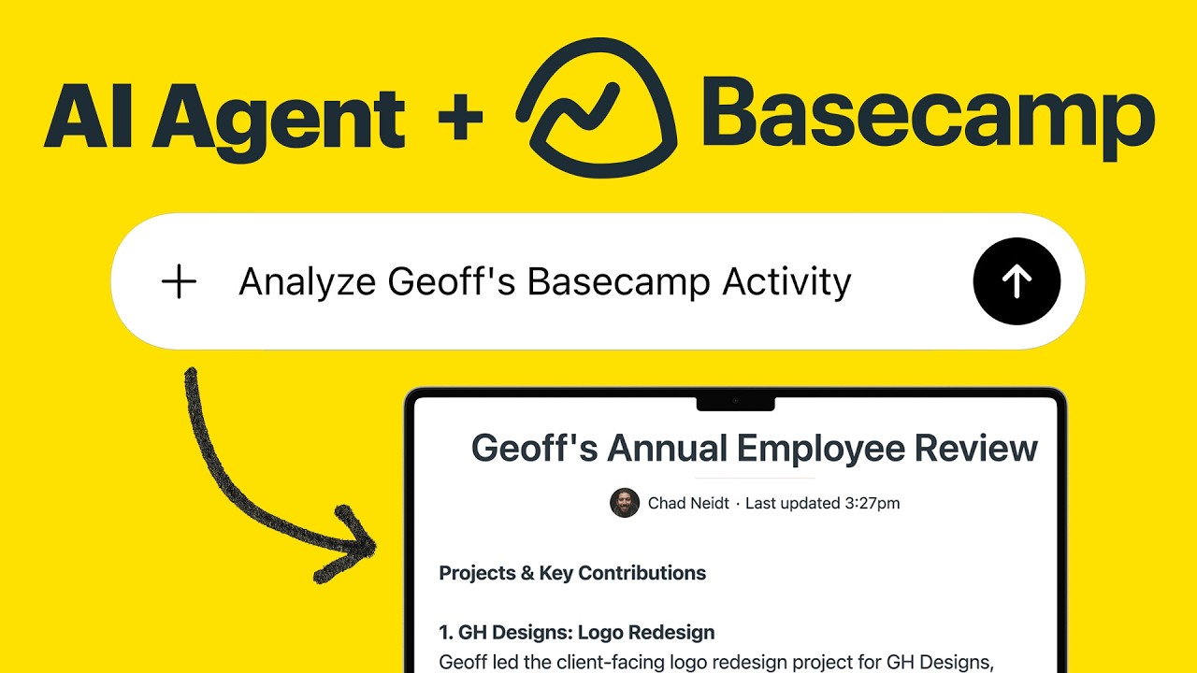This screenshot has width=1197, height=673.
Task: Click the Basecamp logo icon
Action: [598, 107]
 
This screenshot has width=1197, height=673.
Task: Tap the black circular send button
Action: [1017, 281]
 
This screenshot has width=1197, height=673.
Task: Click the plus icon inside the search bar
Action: [179, 281]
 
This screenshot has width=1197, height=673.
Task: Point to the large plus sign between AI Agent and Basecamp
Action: [459, 118]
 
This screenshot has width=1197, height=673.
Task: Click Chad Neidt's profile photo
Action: [625, 503]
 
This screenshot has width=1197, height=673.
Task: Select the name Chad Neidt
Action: [688, 503]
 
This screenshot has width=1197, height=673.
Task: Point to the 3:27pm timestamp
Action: [872, 503]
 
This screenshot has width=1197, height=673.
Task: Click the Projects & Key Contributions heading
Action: [572, 573]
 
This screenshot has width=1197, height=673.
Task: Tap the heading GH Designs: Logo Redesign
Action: [576, 633]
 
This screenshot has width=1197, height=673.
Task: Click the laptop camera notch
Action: [735, 401]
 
